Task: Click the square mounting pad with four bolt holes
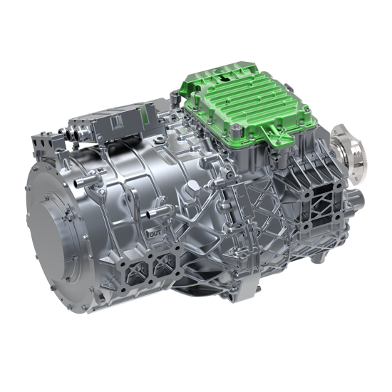point(321,206)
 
